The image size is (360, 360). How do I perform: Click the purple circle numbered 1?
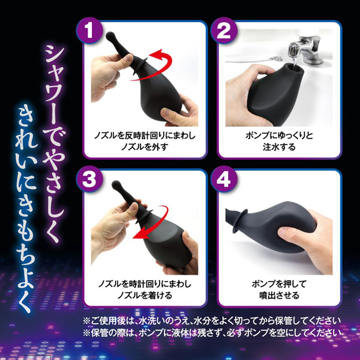click(89, 31)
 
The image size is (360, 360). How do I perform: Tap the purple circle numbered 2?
click(224, 31)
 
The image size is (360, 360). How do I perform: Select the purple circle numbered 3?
click(89, 179)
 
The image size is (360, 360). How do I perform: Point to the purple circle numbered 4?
click(224, 179)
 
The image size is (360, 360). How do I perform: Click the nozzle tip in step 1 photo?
click(109, 35)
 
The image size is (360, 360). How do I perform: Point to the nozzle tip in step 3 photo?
click(116, 184)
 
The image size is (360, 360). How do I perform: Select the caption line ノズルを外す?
click(145, 147)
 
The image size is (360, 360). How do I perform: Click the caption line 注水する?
click(279, 147)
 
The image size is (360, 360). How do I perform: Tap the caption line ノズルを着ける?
click(145, 295)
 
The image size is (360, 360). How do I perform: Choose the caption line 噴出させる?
click(279, 295)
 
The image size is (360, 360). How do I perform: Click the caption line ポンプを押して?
click(279, 284)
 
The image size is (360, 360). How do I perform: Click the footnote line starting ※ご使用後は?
click(211, 321)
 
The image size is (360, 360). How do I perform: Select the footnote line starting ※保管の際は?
click(211, 332)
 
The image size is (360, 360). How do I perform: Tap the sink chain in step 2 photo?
click(253, 60)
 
